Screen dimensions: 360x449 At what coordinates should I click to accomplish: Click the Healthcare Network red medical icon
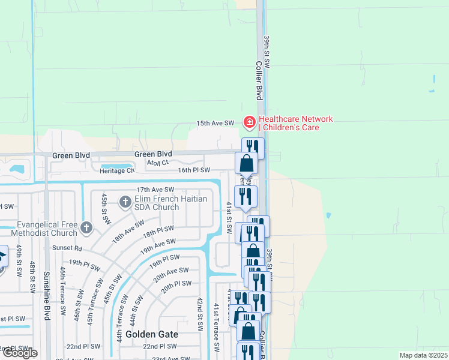click(249, 122)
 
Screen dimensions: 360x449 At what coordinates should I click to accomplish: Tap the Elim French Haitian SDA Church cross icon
click(125, 202)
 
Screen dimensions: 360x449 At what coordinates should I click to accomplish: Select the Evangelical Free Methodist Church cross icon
click(86, 228)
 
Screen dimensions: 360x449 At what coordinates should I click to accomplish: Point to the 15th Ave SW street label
click(215, 123)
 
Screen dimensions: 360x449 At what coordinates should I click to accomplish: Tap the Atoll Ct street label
click(158, 162)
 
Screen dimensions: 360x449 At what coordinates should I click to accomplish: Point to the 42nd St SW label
click(200, 313)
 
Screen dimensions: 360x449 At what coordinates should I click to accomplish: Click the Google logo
click(19, 353)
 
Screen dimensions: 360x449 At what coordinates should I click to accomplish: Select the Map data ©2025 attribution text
click(423, 355)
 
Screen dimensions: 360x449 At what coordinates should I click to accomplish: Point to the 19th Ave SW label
click(157, 245)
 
